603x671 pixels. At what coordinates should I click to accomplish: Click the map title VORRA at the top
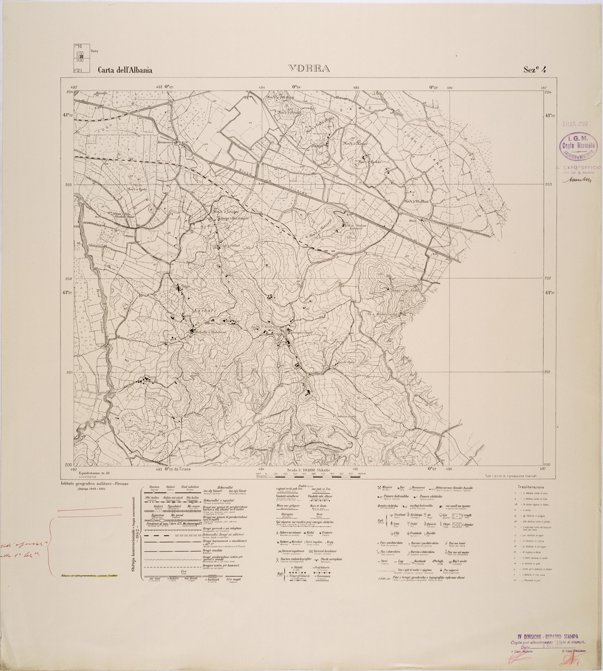point(310,69)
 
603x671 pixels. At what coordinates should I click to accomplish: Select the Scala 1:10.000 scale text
point(310,472)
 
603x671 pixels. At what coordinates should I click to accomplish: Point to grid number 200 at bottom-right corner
point(546,464)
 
